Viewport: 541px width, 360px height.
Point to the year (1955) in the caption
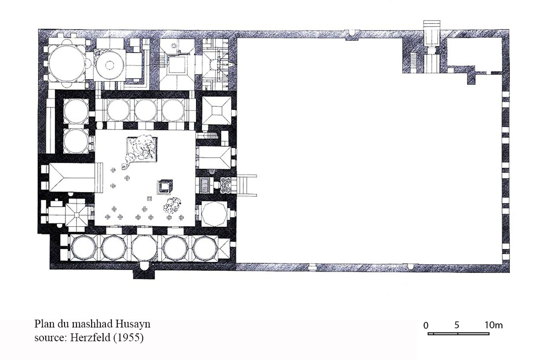point(128,338)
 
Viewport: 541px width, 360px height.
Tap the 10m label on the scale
point(493,325)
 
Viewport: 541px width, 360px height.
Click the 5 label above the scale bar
point(457,325)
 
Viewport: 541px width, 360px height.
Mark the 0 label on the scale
point(426,325)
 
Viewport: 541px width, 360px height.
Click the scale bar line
point(459,333)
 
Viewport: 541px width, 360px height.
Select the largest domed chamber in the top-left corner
point(66,63)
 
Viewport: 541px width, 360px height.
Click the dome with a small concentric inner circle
point(109,65)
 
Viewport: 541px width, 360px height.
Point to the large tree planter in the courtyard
point(141,150)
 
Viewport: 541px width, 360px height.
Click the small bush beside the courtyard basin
point(172,205)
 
